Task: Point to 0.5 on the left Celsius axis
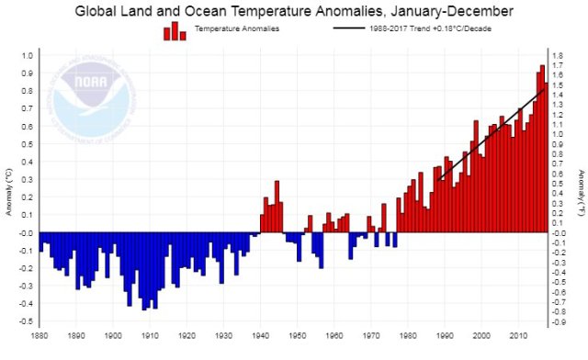tap(26, 143)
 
